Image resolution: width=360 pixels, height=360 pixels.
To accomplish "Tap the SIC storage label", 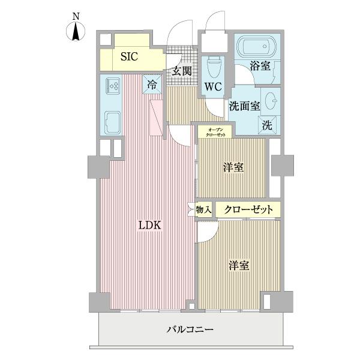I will coord(129,58).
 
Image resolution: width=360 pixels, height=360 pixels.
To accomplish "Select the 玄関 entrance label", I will coord(182,70).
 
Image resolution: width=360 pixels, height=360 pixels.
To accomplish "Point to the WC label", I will coord(213,86).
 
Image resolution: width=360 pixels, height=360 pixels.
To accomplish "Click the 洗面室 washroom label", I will coord(244,106).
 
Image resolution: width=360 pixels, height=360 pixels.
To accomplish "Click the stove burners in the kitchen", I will coord(112,88).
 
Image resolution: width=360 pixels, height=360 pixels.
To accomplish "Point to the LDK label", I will coord(150,226).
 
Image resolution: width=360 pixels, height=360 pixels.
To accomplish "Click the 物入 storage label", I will coord(203,209).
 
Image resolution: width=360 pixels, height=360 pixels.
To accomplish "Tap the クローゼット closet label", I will coord(248,209).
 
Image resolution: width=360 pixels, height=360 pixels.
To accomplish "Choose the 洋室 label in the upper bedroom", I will coord(234,167).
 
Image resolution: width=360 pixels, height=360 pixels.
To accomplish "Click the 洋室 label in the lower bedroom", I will coord(238,265).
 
